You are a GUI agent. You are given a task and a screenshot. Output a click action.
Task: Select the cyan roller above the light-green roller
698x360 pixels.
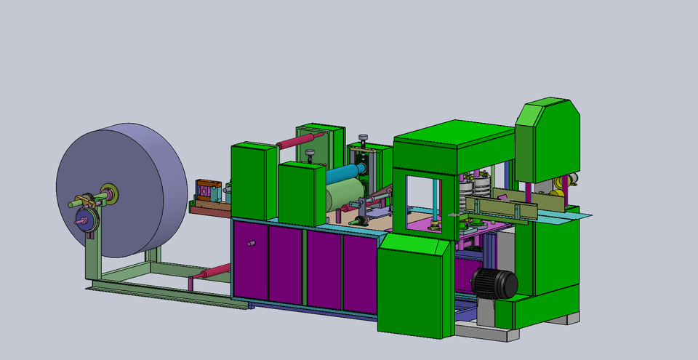pos(342,174)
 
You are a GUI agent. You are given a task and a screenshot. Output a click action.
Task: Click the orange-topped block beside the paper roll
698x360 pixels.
pos(209,191)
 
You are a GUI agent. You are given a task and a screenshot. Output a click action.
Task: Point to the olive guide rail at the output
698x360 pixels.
pos(502,207)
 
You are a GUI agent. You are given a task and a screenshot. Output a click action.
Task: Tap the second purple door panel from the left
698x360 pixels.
pos(285,263)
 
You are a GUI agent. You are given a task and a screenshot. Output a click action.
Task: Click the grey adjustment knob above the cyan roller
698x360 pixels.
pos(310,154)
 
